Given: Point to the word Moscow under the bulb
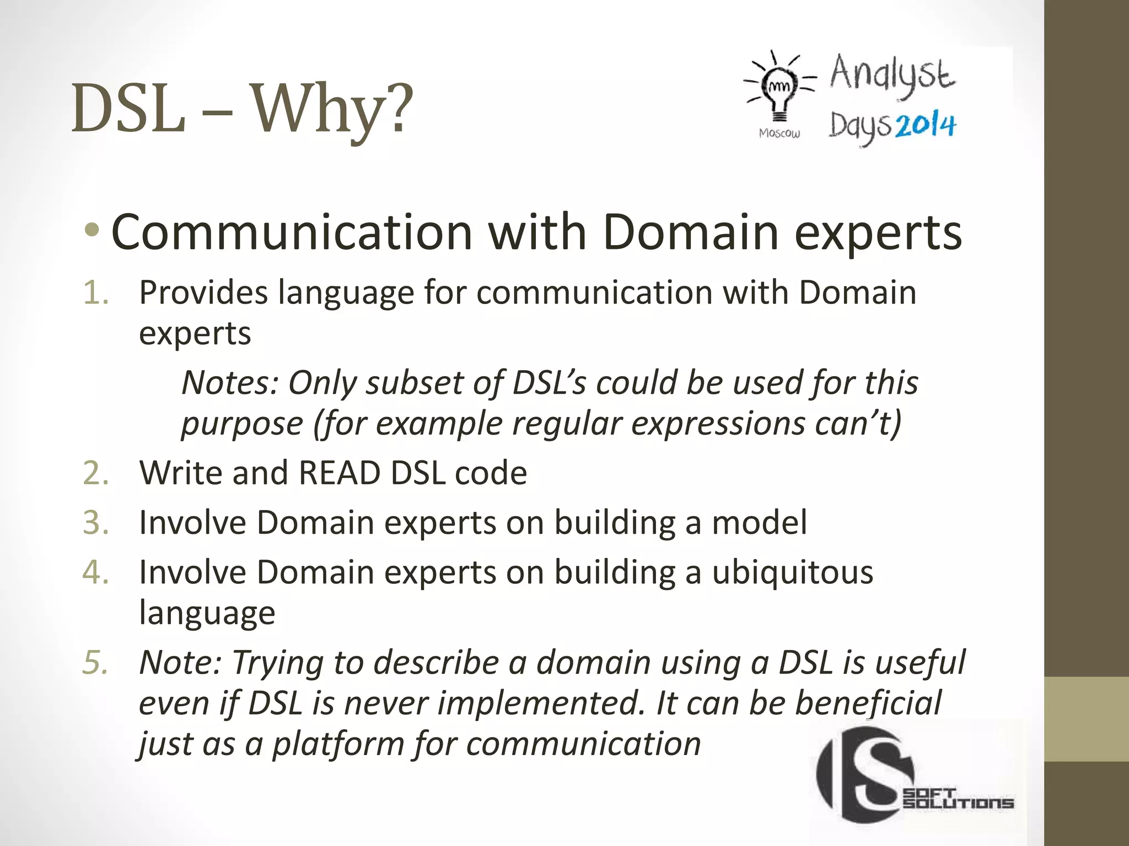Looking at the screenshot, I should tap(779, 133).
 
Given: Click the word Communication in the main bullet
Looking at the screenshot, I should tap(292, 232).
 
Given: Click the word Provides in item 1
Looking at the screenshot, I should tap(203, 292).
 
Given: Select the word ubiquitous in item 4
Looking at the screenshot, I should tap(792, 572).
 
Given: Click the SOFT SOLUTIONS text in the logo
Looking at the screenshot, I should tap(958, 799).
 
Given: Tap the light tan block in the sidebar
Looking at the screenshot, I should tap(1086, 719).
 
